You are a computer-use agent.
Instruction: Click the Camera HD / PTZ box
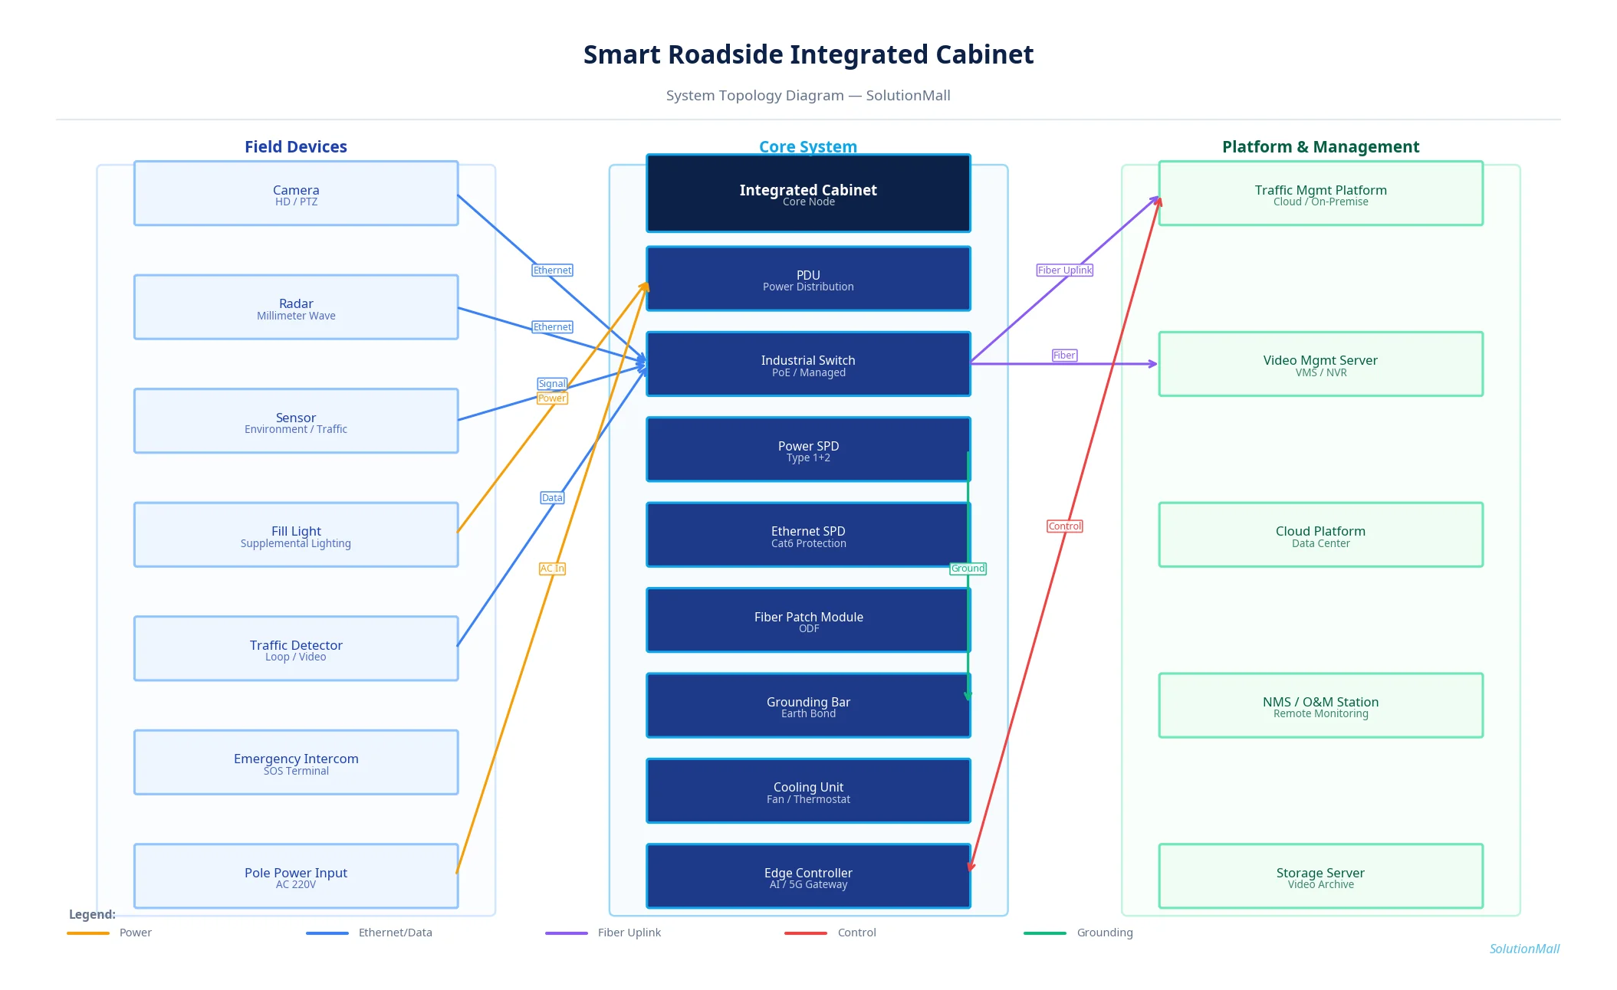[296, 194]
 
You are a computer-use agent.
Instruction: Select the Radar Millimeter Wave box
[296, 307]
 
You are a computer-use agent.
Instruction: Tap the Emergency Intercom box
[296, 762]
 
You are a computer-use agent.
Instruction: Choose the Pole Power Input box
[296, 876]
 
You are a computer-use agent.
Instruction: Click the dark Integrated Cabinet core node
[808, 194]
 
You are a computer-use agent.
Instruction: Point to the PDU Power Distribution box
[808, 279]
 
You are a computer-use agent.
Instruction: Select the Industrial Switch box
[808, 365]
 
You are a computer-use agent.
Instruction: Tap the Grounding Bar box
[808, 706]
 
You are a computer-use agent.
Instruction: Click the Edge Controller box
[808, 876]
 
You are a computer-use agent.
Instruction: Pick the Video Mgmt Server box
[1320, 365]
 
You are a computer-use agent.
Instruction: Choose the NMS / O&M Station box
[1320, 706]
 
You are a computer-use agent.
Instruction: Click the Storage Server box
[1320, 876]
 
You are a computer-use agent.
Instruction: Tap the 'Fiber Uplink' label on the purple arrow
[1064, 270]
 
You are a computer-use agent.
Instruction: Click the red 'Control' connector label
[1064, 526]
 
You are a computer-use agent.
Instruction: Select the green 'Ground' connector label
[968, 569]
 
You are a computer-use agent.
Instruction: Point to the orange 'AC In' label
[552, 569]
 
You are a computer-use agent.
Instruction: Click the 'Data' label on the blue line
[552, 498]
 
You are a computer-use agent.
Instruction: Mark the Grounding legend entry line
[1044, 933]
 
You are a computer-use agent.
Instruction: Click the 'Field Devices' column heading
[296, 147]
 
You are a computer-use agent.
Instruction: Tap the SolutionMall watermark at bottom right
[1523, 949]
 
